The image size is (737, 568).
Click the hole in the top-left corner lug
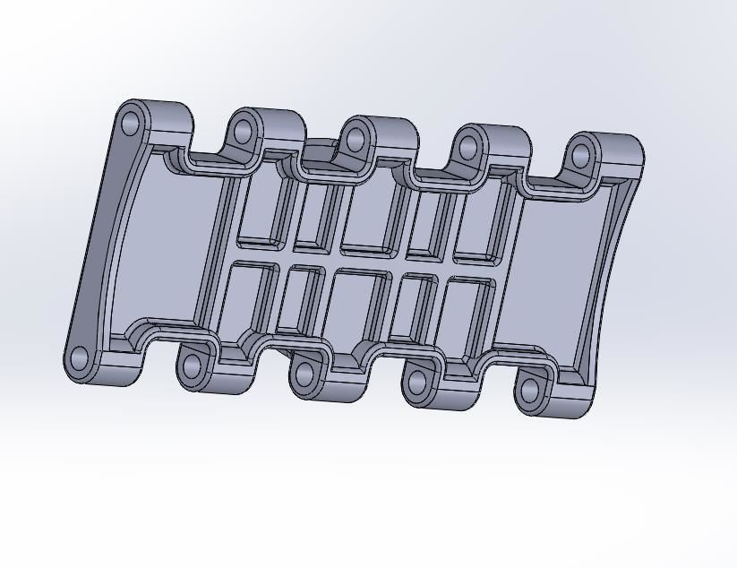coord(131,123)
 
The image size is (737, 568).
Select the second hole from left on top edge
coord(243,132)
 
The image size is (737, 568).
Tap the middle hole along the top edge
coord(356,140)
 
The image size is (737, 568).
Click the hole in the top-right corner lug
coord(581,157)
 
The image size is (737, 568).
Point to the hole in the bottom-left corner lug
coord(79,359)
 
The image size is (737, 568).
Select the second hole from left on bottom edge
coord(192,366)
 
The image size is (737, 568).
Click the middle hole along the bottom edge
coord(304,374)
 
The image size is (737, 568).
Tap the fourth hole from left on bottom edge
coord(417,383)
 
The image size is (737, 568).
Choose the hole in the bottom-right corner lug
coord(530,390)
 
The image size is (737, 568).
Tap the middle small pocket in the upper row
coord(369,219)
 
